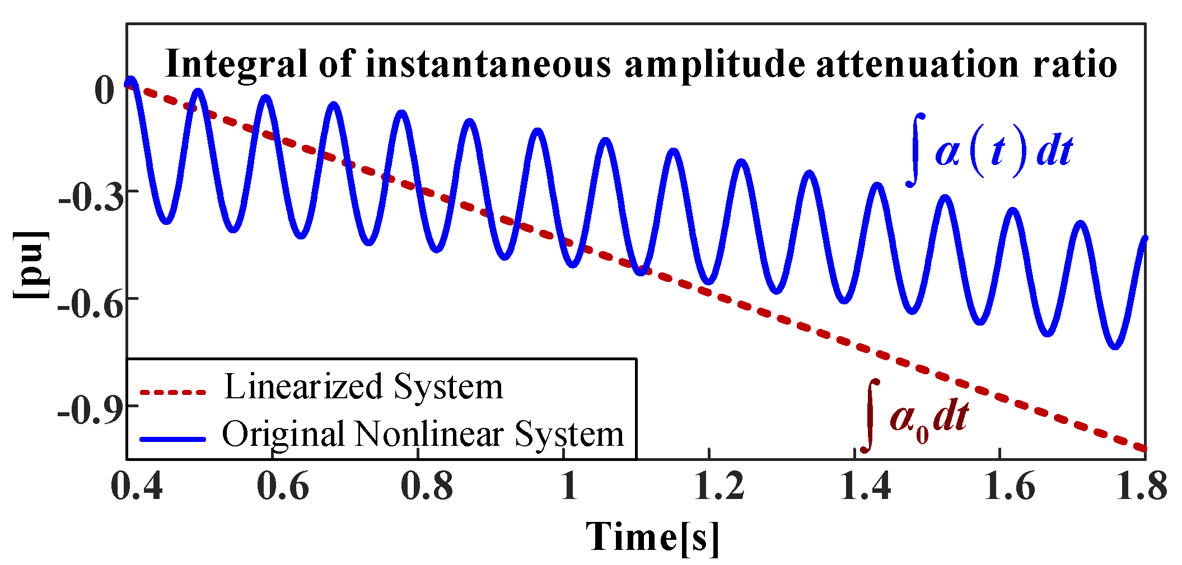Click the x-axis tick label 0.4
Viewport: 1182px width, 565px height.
point(137,485)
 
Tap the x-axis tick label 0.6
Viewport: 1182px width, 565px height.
point(282,485)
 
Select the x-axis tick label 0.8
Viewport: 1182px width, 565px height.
point(427,485)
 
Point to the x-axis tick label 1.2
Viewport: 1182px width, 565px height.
point(718,485)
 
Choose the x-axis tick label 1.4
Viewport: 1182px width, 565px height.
point(865,485)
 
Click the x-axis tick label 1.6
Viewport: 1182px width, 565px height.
point(1010,485)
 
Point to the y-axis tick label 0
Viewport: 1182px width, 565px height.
point(105,91)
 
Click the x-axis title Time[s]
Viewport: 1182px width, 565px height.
point(652,538)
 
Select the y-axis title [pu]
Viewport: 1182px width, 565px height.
point(31,264)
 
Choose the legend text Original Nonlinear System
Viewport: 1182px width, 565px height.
point(423,434)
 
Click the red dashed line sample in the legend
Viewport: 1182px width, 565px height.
point(173,392)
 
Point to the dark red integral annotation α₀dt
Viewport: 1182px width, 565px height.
point(916,417)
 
